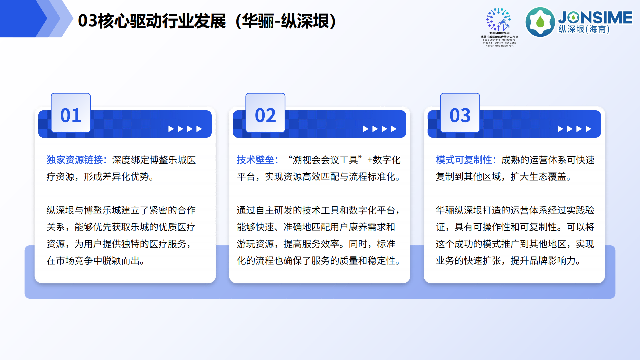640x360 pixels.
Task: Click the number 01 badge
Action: (x=71, y=115)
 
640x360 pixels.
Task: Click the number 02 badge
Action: (x=265, y=115)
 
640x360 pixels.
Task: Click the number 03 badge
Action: (x=460, y=115)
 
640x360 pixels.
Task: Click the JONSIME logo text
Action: (x=595, y=17)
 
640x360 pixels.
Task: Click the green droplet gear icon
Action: (x=540, y=22)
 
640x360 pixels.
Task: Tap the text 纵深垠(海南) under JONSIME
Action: (x=584, y=29)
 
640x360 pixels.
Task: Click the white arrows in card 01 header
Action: (x=185, y=129)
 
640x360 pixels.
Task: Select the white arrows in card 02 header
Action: (x=380, y=129)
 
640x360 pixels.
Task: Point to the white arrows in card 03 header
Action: (x=574, y=129)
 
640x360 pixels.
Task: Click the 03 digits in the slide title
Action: (x=87, y=21)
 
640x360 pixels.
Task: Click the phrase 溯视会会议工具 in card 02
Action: (x=325, y=160)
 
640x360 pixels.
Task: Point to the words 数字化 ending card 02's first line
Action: (x=387, y=160)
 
